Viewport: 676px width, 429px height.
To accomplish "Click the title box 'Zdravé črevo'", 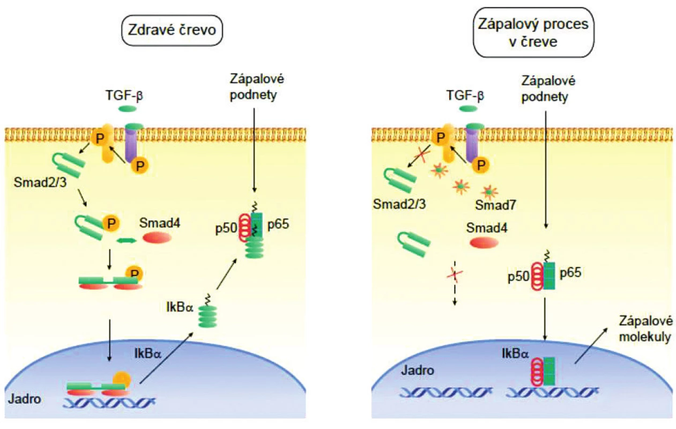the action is [x=172, y=30].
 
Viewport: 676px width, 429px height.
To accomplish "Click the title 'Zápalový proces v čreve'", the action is [x=533, y=33].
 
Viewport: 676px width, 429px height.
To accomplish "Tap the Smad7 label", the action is [x=495, y=205].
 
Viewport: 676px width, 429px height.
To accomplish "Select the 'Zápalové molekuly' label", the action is [x=645, y=329].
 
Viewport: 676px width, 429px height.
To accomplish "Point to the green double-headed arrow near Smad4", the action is [x=127, y=240].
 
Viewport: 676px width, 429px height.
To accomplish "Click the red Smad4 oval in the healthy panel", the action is [x=157, y=238].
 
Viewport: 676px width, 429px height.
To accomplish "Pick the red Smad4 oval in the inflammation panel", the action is [x=484, y=242].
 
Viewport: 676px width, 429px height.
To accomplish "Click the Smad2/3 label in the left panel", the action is [x=40, y=182].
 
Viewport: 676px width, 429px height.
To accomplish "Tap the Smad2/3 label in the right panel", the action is [x=399, y=204].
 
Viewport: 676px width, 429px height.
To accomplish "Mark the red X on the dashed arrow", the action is [x=455, y=275].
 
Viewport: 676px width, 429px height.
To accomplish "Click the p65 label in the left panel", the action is [x=278, y=224].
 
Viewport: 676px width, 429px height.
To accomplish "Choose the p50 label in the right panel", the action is [x=518, y=277].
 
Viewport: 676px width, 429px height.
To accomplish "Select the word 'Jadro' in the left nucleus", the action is [x=25, y=399].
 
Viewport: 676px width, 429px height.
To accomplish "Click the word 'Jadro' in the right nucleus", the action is [x=418, y=371].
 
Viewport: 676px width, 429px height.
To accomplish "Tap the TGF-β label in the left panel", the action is [x=124, y=95].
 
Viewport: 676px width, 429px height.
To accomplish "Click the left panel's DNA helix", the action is [x=109, y=402].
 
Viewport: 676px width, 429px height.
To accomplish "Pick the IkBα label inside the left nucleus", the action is [x=148, y=353].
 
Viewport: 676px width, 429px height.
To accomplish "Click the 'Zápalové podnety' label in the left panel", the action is [x=257, y=87].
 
